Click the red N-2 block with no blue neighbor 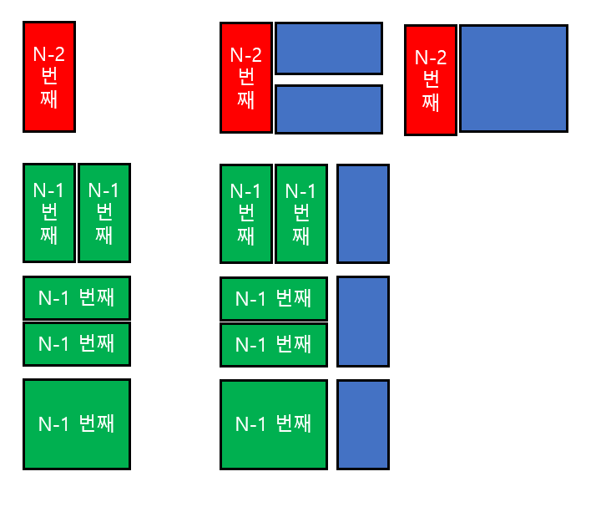(48, 77)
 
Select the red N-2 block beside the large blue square (431, 80)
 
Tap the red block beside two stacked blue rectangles (245, 78)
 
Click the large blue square (513, 79)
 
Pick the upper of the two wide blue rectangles (328, 48)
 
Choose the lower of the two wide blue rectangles (328, 109)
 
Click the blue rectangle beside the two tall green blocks (363, 214)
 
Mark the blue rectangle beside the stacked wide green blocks (363, 322)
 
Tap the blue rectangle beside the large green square (363, 424)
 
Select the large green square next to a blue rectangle (273, 424)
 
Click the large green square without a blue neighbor (77, 424)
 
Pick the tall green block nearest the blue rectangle (300, 214)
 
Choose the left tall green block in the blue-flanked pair (245, 214)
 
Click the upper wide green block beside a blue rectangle (273, 298)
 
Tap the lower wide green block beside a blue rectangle (273, 345)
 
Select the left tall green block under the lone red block (48, 213)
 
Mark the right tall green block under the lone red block (104, 213)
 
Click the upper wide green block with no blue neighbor (77, 297)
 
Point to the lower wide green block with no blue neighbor (77, 344)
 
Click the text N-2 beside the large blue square (431, 58)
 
